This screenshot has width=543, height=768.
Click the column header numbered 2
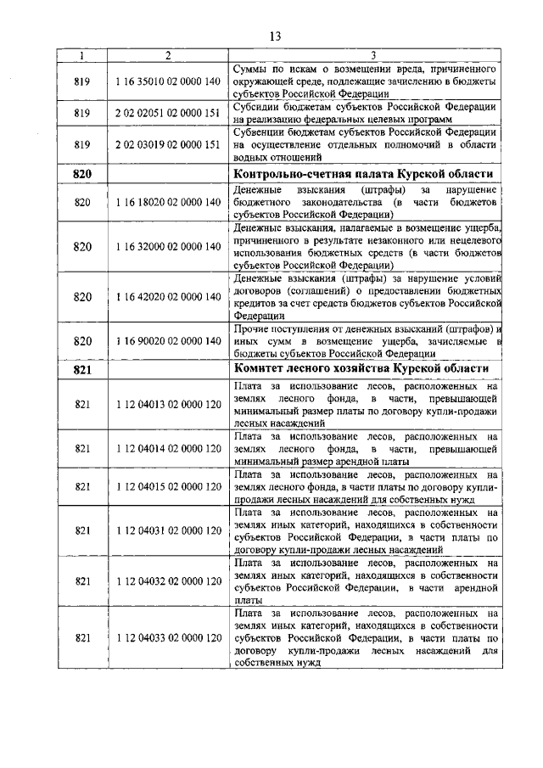(x=167, y=56)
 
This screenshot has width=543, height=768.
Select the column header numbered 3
(x=364, y=56)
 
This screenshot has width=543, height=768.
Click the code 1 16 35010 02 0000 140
(x=167, y=81)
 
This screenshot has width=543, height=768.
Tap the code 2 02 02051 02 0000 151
(x=167, y=113)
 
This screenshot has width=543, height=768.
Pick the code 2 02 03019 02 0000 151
(x=167, y=145)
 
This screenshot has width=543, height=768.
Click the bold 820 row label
(x=82, y=174)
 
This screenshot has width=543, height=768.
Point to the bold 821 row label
(x=82, y=369)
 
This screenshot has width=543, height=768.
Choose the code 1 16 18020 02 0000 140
(x=167, y=204)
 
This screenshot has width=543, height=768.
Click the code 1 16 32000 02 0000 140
(x=167, y=247)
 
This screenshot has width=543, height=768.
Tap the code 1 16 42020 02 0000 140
(x=167, y=297)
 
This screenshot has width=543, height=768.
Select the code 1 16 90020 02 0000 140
(x=167, y=341)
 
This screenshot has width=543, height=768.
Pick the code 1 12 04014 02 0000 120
(x=167, y=448)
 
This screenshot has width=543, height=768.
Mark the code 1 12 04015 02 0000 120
(x=167, y=487)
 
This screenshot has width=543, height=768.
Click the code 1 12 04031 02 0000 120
(x=167, y=530)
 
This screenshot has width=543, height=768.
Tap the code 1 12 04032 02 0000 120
(x=167, y=580)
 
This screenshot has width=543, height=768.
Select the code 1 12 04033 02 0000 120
(x=167, y=636)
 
